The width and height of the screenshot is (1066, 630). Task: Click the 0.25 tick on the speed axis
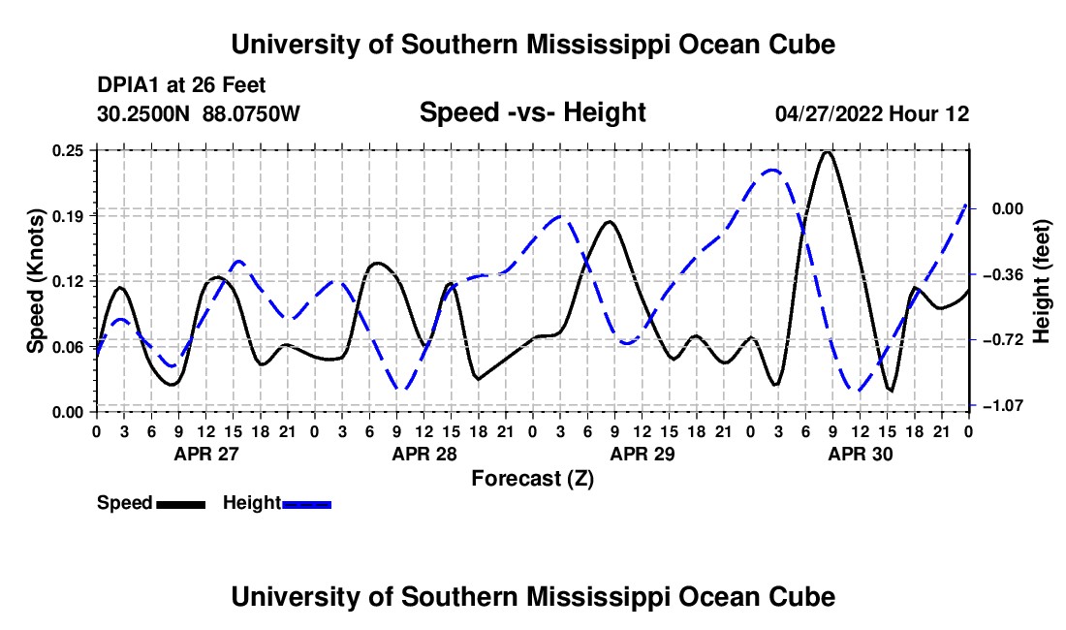[68, 150]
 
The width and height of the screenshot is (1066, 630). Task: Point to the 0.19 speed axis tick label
[68, 216]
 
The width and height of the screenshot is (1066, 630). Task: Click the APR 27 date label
[206, 454]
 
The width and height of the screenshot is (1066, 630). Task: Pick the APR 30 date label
[860, 454]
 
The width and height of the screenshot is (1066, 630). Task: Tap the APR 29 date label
[643, 454]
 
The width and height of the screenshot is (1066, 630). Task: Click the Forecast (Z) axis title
[533, 479]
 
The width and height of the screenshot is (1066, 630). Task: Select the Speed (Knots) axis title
[35, 281]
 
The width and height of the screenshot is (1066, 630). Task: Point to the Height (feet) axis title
[1041, 281]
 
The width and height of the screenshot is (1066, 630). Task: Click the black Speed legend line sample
[181, 504]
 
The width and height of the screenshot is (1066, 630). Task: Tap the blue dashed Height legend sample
[306, 504]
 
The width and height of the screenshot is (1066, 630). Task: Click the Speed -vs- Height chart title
[532, 112]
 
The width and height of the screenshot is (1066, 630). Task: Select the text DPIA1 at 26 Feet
[181, 85]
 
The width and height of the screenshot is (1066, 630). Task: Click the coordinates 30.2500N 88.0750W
[199, 113]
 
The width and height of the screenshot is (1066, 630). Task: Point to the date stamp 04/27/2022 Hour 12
[872, 113]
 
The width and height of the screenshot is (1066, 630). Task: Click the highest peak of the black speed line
[827, 152]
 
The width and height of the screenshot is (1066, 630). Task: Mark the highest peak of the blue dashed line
[771, 170]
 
